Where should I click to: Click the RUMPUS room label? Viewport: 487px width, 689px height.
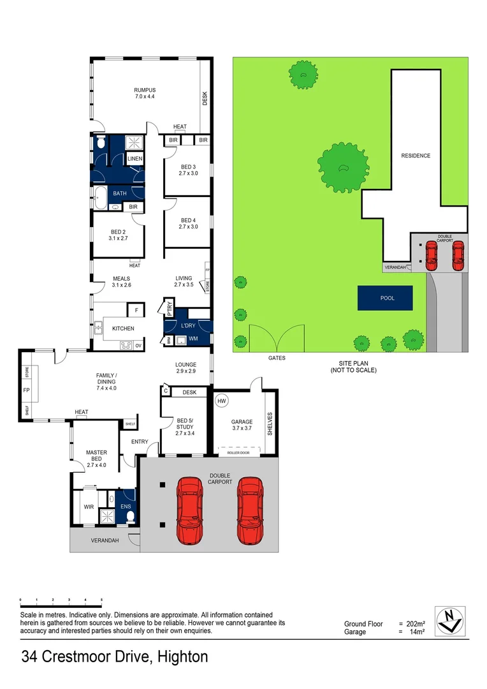pyautogui.click(x=145, y=90)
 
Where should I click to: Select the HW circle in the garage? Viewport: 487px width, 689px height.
pyautogui.click(x=222, y=401)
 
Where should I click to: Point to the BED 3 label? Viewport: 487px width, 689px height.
pyautogui.click(x=188, y=167)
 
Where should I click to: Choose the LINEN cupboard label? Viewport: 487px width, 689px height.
pyautogui.click(x=134, y=159)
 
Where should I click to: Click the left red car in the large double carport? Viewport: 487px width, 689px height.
pyautogui.click(x=189, y=510)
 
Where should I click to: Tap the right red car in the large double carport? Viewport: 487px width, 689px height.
pyautogui.click(x=251, y=510)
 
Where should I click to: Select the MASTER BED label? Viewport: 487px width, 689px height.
pyautogui.click(x=96, y=456)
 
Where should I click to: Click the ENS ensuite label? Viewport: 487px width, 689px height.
pyautogui.click(x=126, y=508)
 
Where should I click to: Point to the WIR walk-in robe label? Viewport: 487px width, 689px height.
pyautogui.click(x=88, y=508)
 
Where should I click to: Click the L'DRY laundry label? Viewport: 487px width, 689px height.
pyautogui.click(x=188, y=325)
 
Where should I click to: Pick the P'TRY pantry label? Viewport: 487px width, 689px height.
pyautogui.click(x=170, y=308)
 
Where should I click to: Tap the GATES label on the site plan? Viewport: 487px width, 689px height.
pyautogui.click(x=277, y=358)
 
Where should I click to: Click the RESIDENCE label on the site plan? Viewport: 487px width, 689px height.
pyautogui.click(x=415, y=156)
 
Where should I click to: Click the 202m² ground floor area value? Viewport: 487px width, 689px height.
pyautogui.click(x=415, y=624)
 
